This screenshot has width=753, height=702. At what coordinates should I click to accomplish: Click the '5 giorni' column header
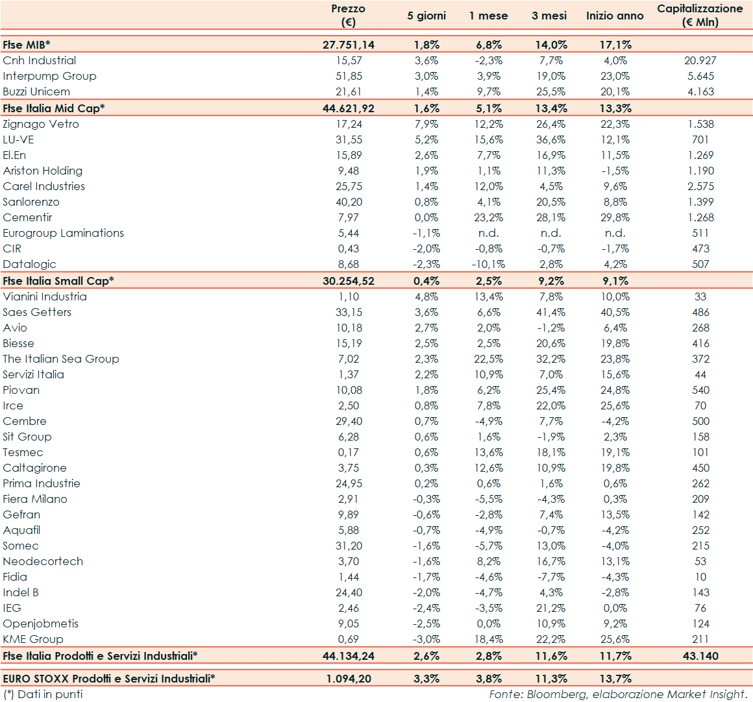[426, 16]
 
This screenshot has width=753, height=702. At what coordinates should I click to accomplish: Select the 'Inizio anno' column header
[615, 16]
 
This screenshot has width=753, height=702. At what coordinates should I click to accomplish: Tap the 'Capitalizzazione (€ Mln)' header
[700, 15]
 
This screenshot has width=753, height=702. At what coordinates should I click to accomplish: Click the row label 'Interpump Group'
[49, 76]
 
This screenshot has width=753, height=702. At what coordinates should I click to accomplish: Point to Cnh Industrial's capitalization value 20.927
[700, 60]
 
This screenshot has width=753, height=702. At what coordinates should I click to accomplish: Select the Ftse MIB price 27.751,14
[349, 45]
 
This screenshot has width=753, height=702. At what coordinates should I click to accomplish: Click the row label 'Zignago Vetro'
[41, 124]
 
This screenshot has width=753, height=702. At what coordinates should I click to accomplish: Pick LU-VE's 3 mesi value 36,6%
[550, 139]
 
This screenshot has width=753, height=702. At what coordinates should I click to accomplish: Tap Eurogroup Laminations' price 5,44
[349, 233]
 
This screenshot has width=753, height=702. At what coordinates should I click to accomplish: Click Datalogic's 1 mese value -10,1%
[488, 264]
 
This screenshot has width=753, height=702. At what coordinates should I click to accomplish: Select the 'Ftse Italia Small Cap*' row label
[58, 281]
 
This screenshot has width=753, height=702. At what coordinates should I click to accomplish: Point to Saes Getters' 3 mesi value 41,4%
[550, 312]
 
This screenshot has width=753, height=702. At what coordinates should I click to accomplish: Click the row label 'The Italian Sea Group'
[61, 359]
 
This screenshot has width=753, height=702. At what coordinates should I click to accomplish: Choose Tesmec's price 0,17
[349, 452]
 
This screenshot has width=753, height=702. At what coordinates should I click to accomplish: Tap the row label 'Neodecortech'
[43, 561]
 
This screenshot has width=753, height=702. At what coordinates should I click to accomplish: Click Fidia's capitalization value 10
[700, 577]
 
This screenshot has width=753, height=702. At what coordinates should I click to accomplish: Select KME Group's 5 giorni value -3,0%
[426, 639]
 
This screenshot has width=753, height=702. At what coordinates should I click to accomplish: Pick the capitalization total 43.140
[700, 656]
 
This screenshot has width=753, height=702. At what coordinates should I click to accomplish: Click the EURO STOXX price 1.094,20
[349, 679]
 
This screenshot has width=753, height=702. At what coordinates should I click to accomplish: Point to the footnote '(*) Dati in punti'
[43, 694]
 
